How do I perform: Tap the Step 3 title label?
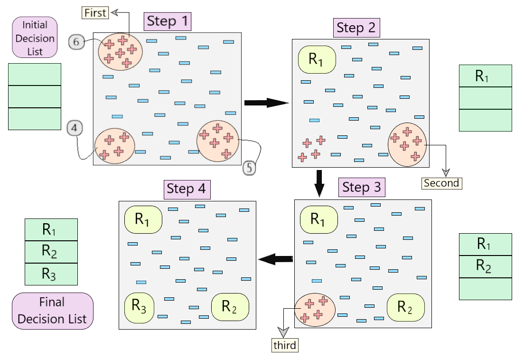tap(362, 188)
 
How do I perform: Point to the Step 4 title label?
tap(187, 189)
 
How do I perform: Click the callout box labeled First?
tap(96, 13)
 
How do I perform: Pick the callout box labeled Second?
tap(441, 183)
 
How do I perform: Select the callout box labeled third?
tap(285, 345)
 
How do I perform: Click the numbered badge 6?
tap(76, 42)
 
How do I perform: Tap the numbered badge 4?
tap(75, 127)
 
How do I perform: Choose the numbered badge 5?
tap(250, 168)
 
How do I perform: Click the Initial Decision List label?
tap(35, 38)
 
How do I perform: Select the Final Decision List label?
tap(52, 311)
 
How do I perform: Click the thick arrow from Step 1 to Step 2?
tap(266, 103)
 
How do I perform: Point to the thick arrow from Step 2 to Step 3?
tap(319, 183)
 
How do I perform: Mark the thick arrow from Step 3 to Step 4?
tap(275, 259)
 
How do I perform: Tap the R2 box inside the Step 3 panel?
tap(405, 307)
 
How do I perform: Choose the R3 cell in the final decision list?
tap(51, 274)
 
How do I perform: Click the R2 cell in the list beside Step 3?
tap(486, 267)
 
